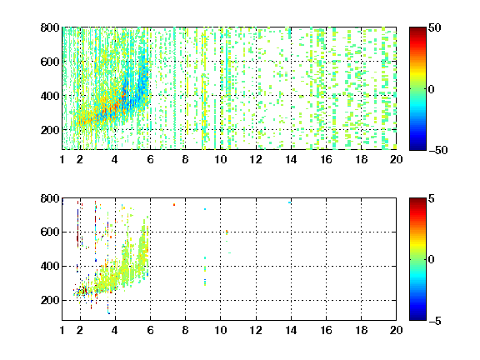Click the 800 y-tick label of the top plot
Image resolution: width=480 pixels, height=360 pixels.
50,27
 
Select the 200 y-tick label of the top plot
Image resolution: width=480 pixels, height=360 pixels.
50,130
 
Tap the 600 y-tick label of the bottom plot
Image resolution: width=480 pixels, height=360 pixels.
50,232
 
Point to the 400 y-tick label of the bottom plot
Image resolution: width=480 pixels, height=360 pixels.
50,266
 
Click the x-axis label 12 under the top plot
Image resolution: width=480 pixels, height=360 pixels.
256,159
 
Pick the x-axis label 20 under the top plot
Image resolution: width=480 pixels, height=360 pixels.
396,159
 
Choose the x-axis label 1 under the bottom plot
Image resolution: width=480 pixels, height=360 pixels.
62,330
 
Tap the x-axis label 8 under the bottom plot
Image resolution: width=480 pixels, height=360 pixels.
185,330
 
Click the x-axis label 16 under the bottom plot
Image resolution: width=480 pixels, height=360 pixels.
326,330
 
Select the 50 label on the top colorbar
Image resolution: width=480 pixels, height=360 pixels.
434,27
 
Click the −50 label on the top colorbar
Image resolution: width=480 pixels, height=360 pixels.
438,150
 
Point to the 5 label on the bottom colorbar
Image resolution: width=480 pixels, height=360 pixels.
432,198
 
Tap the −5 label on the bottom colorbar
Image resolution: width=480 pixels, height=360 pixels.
435,321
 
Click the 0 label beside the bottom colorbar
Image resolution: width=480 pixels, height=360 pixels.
431,260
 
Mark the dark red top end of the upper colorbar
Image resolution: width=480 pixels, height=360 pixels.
417,28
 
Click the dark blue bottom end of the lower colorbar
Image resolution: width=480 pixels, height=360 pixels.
417,318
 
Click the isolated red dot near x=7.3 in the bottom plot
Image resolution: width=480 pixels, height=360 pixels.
174,204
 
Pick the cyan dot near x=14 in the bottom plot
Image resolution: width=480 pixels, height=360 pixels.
290,202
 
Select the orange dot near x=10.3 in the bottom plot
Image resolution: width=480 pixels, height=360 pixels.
227,232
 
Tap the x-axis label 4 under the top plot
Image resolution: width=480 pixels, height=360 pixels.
115,159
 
